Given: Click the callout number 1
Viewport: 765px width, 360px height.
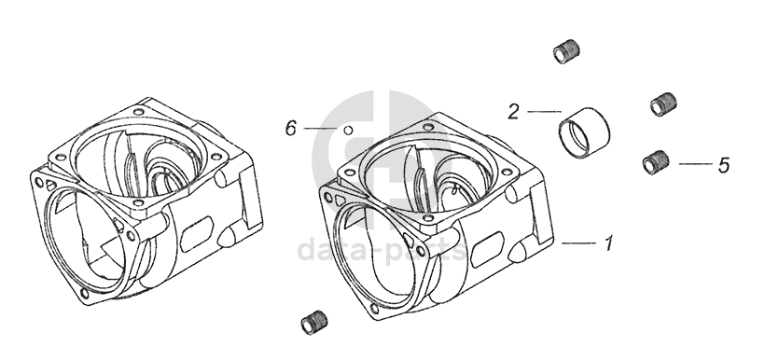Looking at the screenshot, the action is (x=608, y=242).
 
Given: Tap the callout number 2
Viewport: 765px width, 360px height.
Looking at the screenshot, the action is (x=513, y=112).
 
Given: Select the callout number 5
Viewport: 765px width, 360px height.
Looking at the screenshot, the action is (x=724, y=165).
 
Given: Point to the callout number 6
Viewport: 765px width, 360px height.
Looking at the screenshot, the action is (x=291, y=129).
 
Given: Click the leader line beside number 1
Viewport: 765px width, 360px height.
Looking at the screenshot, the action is (x=578, y=242).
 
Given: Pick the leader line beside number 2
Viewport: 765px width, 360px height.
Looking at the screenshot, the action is (x=544, y=112).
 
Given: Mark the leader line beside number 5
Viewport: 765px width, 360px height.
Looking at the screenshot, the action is (x=696, y=164).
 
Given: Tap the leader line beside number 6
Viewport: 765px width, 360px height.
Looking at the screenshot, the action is (x=321, y=129).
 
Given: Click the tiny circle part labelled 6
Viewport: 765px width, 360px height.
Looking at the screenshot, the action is (x=348, y=131).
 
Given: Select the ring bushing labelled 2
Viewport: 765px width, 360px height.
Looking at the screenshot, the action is (x=585, y=132).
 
